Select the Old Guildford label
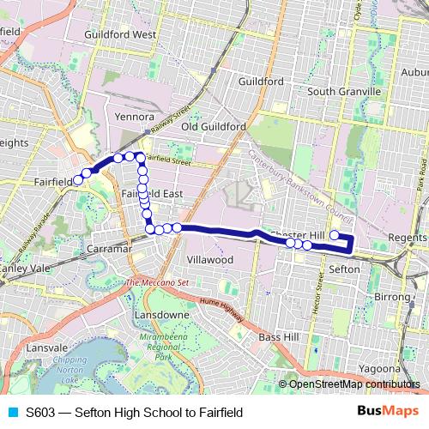[x=213, y=126]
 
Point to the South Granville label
[x=344, y=92]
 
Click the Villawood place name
[x=209, y=258]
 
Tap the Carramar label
[x=108, y=249]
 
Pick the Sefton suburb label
[x=344, y=269]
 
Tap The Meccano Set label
[x=157, y=282]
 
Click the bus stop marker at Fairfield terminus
[x=77, y=180]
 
